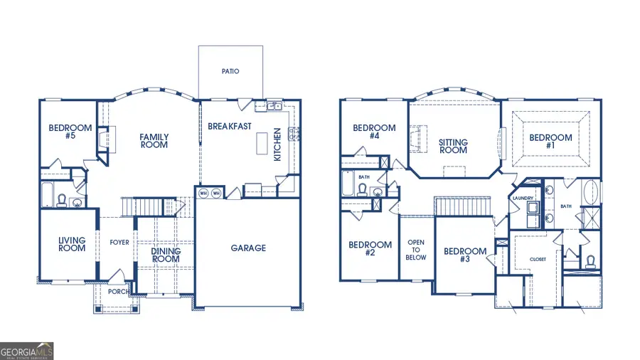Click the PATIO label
(230, 71)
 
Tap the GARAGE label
(248, 248)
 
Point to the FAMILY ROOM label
(154, 141)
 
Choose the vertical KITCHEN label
(277, 144)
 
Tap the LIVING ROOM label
(72, 244)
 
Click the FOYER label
(119, 243)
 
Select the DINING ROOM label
(166, 255)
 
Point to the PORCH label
(117, 292)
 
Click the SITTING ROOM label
(453, 146)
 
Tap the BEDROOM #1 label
(550, 142)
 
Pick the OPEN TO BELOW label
(416, 250)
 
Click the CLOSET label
(538, 259)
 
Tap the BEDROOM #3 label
(465, 255)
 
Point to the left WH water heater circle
(203, 193)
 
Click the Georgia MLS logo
(27, 351)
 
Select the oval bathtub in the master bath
(590, 193)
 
